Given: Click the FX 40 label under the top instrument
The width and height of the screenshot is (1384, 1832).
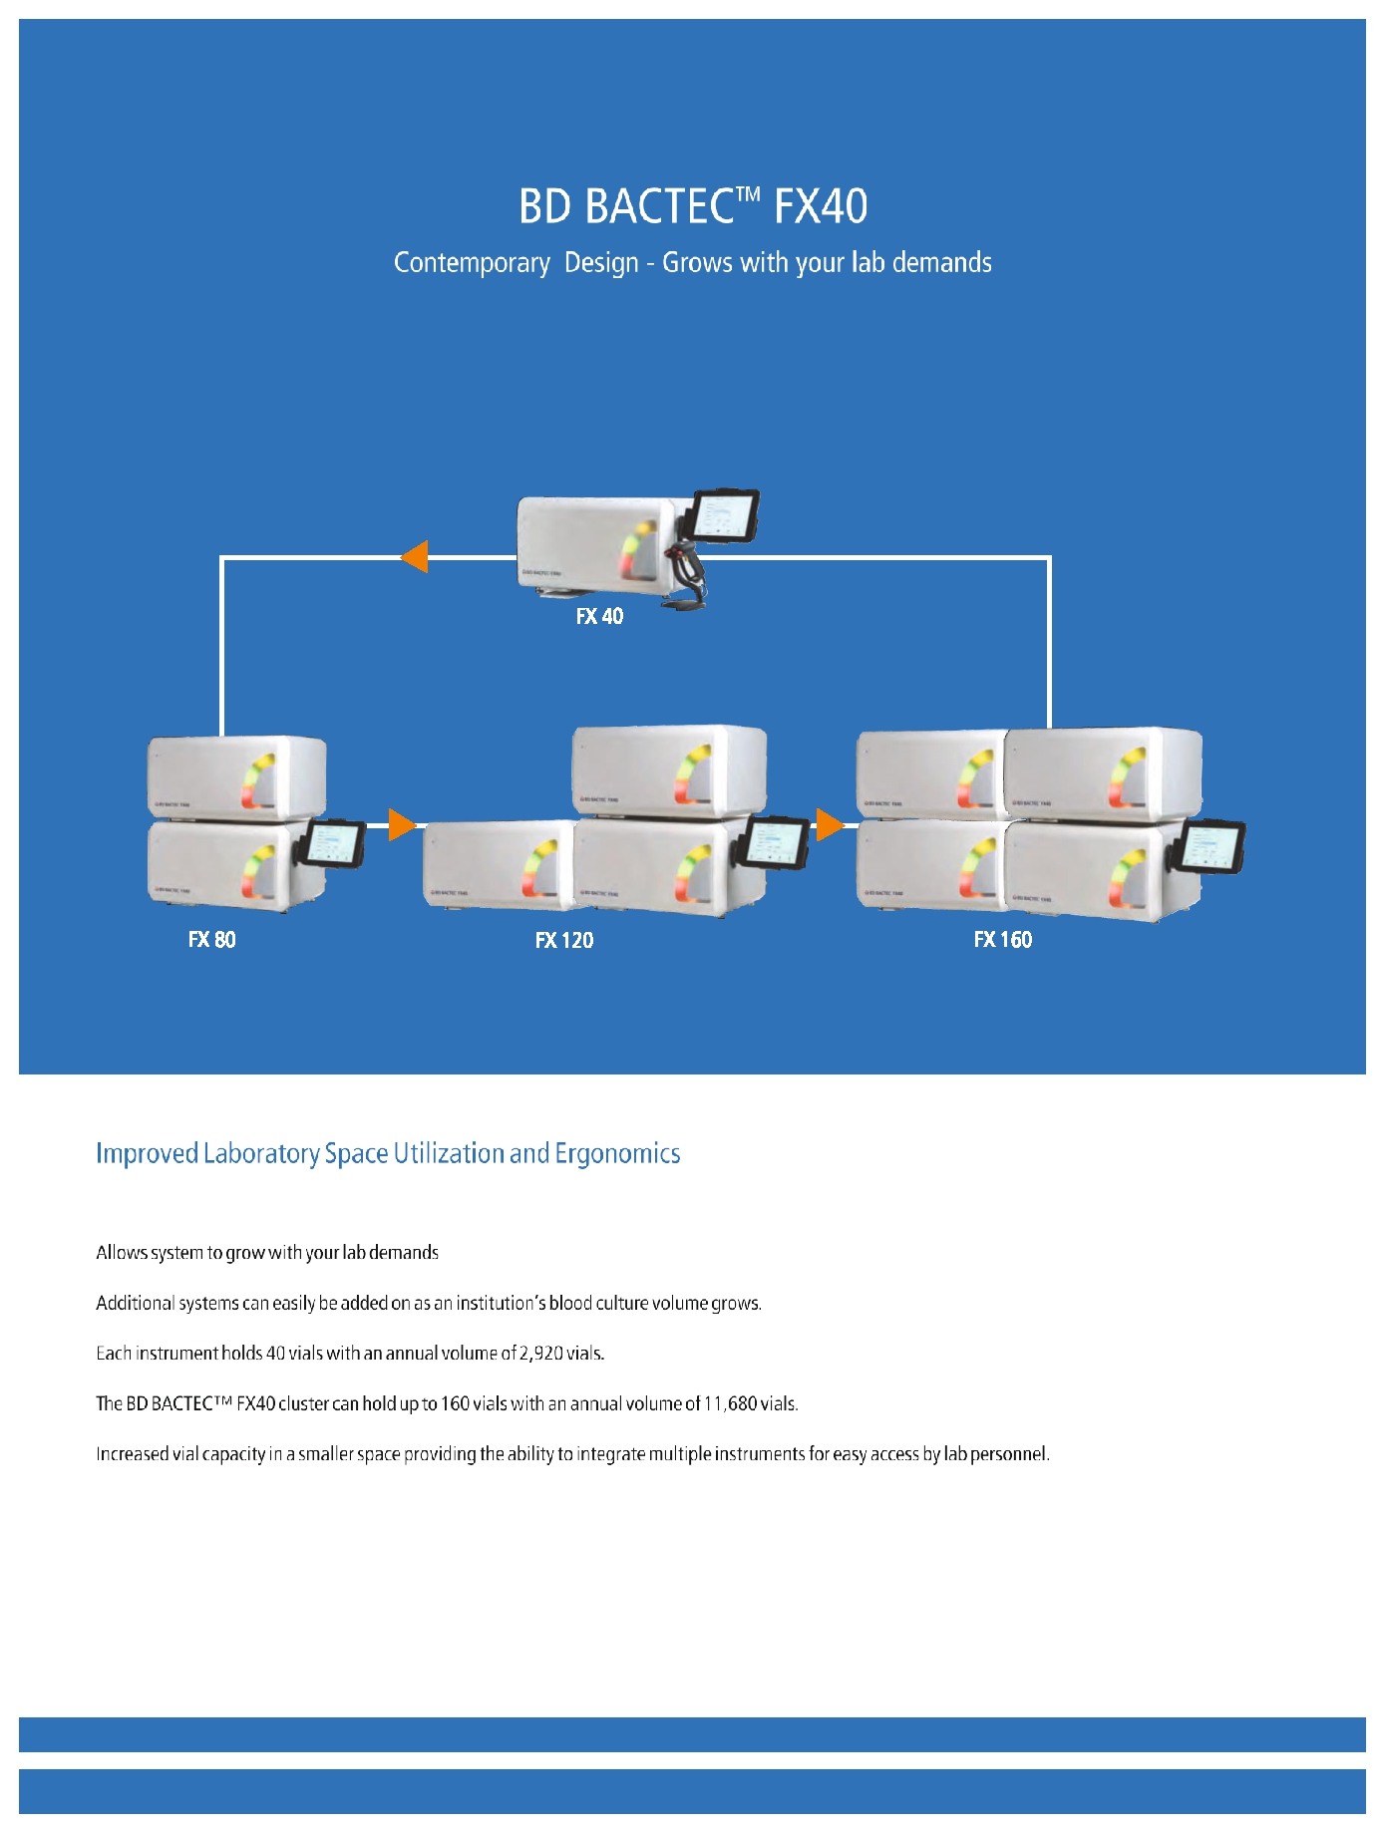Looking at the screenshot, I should pos(599,616).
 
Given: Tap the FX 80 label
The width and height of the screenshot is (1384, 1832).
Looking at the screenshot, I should pos(211,939).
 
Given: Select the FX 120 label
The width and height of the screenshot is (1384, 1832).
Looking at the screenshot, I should pos(563,940).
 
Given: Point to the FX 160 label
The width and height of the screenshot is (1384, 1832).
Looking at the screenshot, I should pos(1002,939).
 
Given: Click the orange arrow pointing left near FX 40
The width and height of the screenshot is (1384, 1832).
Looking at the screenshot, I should pos(415,556).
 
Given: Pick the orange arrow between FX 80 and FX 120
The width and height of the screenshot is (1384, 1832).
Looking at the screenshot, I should pos(401,824).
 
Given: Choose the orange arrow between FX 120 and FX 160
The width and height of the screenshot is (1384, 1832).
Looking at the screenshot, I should pos(829,824).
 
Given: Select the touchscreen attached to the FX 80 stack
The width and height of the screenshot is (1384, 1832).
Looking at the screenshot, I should pos(333,844).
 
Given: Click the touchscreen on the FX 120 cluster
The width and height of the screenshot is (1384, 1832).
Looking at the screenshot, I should pos(776,842).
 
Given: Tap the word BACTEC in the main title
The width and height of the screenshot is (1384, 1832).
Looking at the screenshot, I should pos(659,206).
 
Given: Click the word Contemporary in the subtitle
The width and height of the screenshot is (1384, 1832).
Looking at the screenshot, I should pos(472,263).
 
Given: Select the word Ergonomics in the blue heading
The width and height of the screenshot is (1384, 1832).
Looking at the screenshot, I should pos(617,1153).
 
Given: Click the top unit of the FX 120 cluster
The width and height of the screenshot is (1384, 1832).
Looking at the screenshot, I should pos(669,770).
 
